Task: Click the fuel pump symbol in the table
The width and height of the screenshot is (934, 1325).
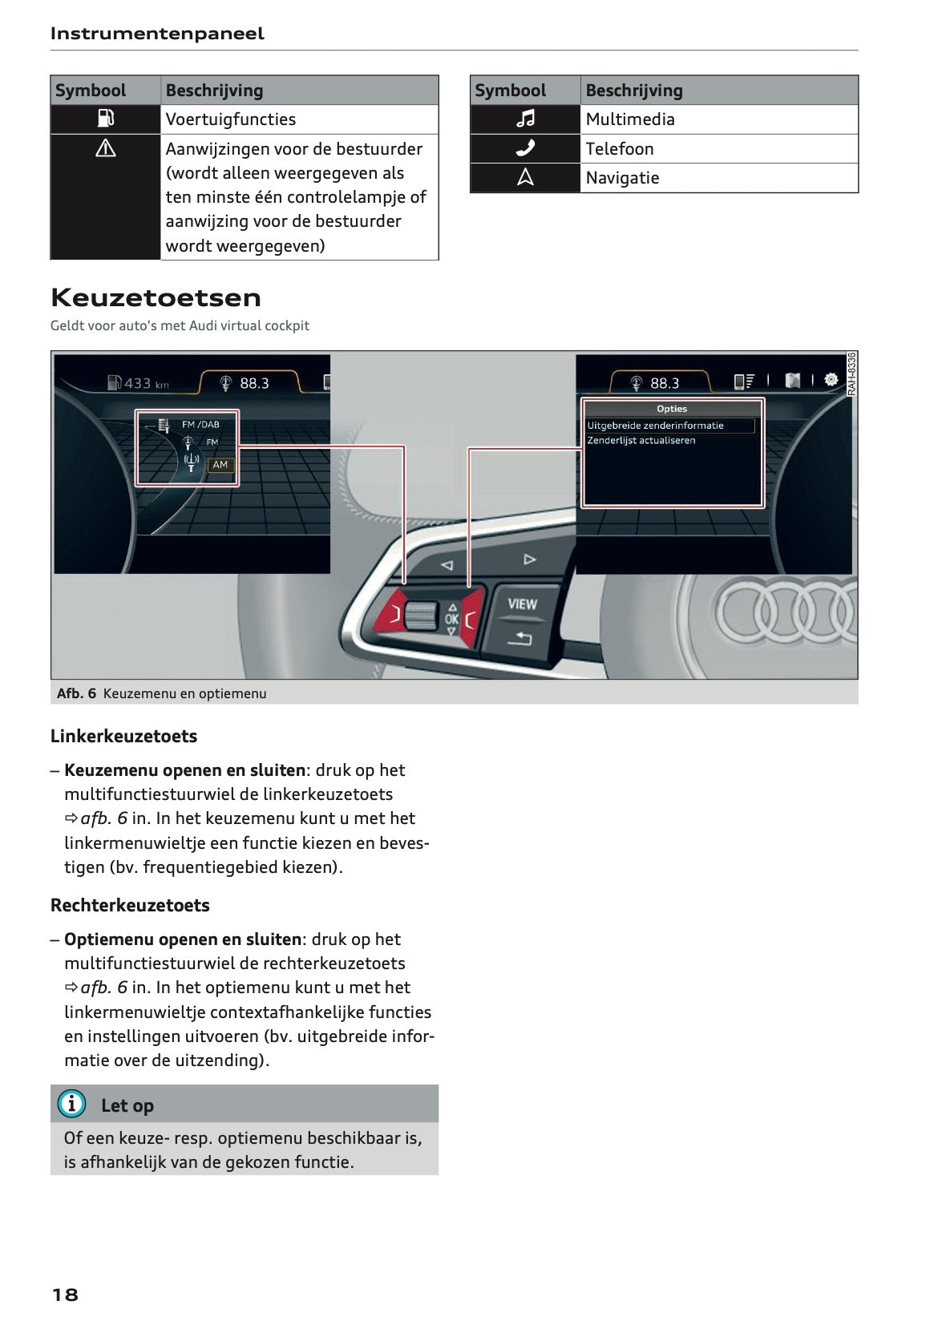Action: (x=105, y=119)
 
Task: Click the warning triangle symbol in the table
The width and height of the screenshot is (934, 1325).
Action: (x=105, y=149)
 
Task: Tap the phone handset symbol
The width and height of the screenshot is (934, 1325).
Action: (x=525, y=148)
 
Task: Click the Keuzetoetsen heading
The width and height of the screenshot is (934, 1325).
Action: (x=156, y=297)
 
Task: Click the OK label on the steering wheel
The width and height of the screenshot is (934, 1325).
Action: (x=451, y=619)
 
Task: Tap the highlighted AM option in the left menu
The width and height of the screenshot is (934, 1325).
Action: (x=220, y=465)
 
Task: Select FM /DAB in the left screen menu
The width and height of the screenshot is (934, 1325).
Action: (x=200, y=425)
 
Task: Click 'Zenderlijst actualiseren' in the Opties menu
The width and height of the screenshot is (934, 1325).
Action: (x=641, y=441)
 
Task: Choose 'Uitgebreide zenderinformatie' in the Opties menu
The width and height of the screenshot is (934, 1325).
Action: (x=655, y=426)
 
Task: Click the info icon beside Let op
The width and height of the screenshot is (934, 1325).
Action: (x=71, y=1104)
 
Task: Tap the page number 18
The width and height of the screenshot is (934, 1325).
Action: (x=65, y=1294)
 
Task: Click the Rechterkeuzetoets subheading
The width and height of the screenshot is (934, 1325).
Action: (x=130, y=905)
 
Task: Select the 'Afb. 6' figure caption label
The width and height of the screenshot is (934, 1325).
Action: (x=76, y=693)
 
